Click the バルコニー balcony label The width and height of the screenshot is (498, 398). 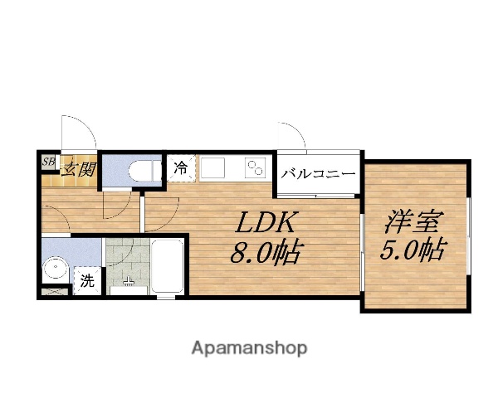(318, 174)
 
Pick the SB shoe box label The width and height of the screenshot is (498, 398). (49, 163)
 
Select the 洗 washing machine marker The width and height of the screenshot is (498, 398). (87, 280)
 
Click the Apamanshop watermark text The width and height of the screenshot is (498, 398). (249, 347)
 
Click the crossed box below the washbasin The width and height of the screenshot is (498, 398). (55, 291)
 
